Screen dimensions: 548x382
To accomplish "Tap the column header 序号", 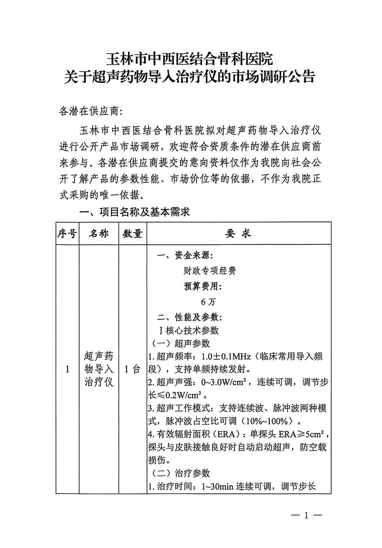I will point(67,234).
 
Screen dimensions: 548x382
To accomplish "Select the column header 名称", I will point(99,234).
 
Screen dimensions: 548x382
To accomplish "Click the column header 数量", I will point(133,234).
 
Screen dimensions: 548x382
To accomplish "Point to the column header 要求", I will point(238,234).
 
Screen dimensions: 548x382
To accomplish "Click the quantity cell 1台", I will point(133,369).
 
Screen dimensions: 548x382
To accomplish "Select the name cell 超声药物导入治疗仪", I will point(99,369).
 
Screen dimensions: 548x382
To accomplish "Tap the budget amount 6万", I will point(209,302).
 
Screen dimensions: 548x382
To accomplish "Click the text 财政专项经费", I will point(209,271).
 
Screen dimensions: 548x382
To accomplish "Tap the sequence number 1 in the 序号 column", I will point(67,369).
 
